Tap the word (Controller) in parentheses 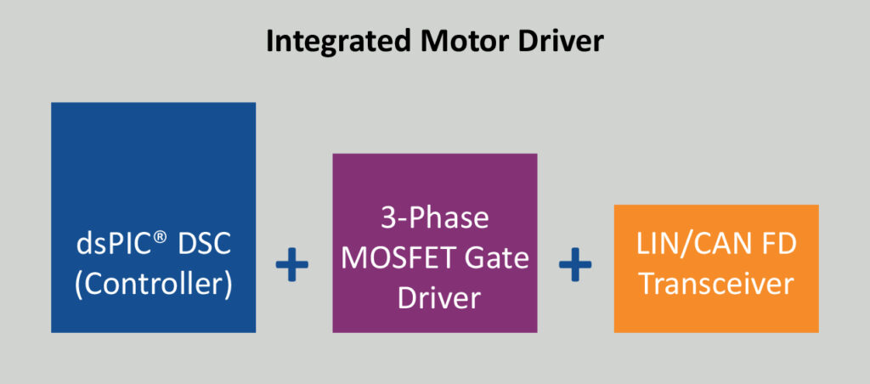point(153,284)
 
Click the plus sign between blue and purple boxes point(292,266)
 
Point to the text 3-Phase point(434,218)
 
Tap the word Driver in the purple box point(434,298)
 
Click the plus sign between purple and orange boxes point(575,266)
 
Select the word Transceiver point(716,284)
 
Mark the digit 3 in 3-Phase point(387,218)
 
